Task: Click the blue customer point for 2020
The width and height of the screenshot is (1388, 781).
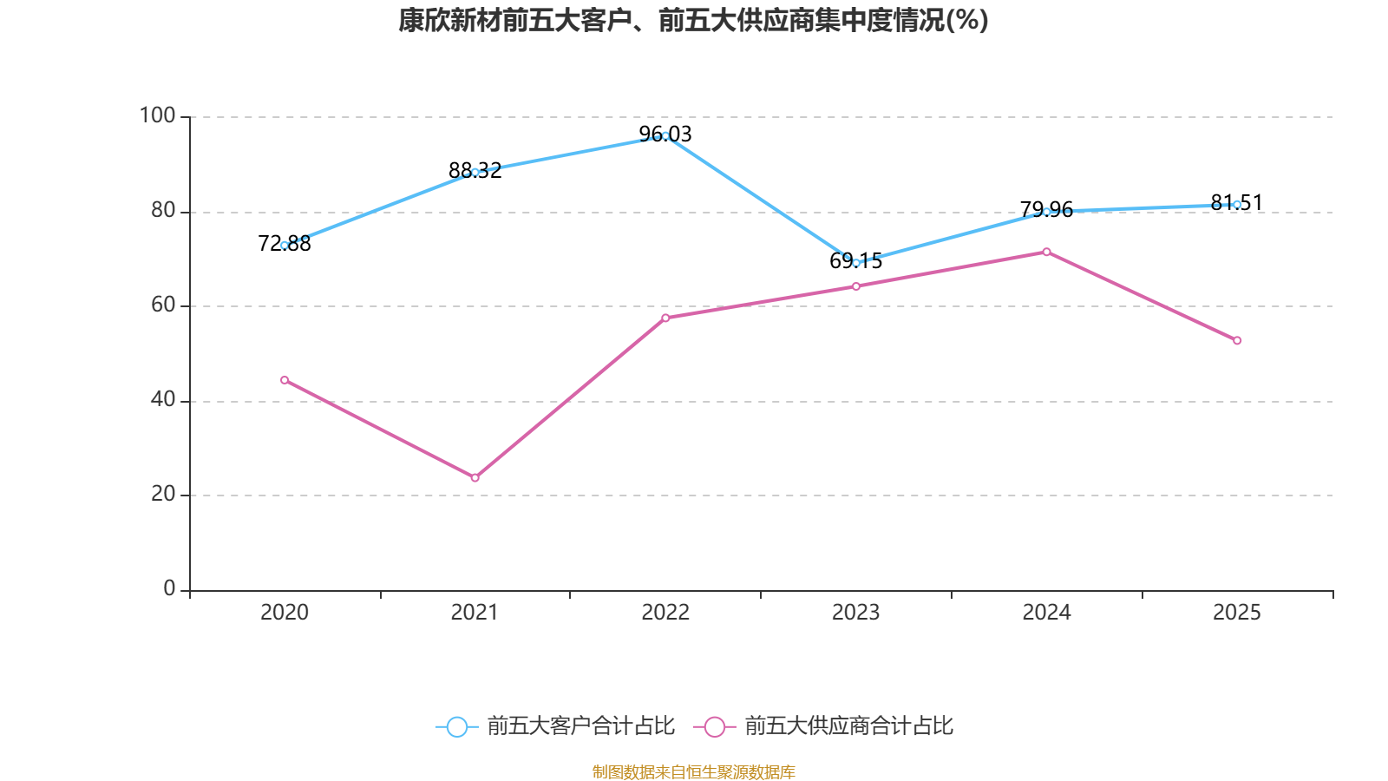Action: [x=285, y=246]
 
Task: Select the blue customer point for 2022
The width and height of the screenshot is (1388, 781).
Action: [x=665, y=135]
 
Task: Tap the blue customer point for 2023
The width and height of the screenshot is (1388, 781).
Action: [x=856, y=262]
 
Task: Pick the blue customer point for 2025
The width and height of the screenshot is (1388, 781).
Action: [x=1237, y=205]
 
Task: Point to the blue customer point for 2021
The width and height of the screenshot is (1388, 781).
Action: [x=475, y=172]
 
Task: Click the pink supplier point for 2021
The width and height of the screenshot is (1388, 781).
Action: [x=475, y=478]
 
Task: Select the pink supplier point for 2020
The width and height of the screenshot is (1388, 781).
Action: [x=285, y=380]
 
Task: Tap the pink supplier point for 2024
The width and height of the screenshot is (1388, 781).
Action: [x=1046, y=252]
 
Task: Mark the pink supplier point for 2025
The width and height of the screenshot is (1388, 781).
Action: [x=1237, y=340]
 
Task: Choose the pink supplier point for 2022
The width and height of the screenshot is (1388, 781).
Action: [x=665, y=318]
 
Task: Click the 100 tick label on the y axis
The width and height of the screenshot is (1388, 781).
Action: [x=157, y=115]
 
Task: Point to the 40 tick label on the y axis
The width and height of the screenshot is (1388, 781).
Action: [x=162, y=400]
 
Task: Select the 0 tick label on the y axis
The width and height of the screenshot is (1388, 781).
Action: [x=169, y=589]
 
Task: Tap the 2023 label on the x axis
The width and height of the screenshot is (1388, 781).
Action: [x=855, y=613]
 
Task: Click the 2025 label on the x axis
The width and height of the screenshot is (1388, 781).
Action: [x=1236, y=613]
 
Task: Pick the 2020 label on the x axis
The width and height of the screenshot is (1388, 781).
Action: [x=285, y=613]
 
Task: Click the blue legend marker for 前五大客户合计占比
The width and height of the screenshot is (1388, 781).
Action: [x=456, y=726]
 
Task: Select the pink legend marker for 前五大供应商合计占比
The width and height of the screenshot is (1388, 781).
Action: [x=714, y=726]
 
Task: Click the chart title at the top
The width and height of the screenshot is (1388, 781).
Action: [x=693, y=20]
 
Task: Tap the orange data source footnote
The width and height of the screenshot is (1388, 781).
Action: [x=693, y=771]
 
